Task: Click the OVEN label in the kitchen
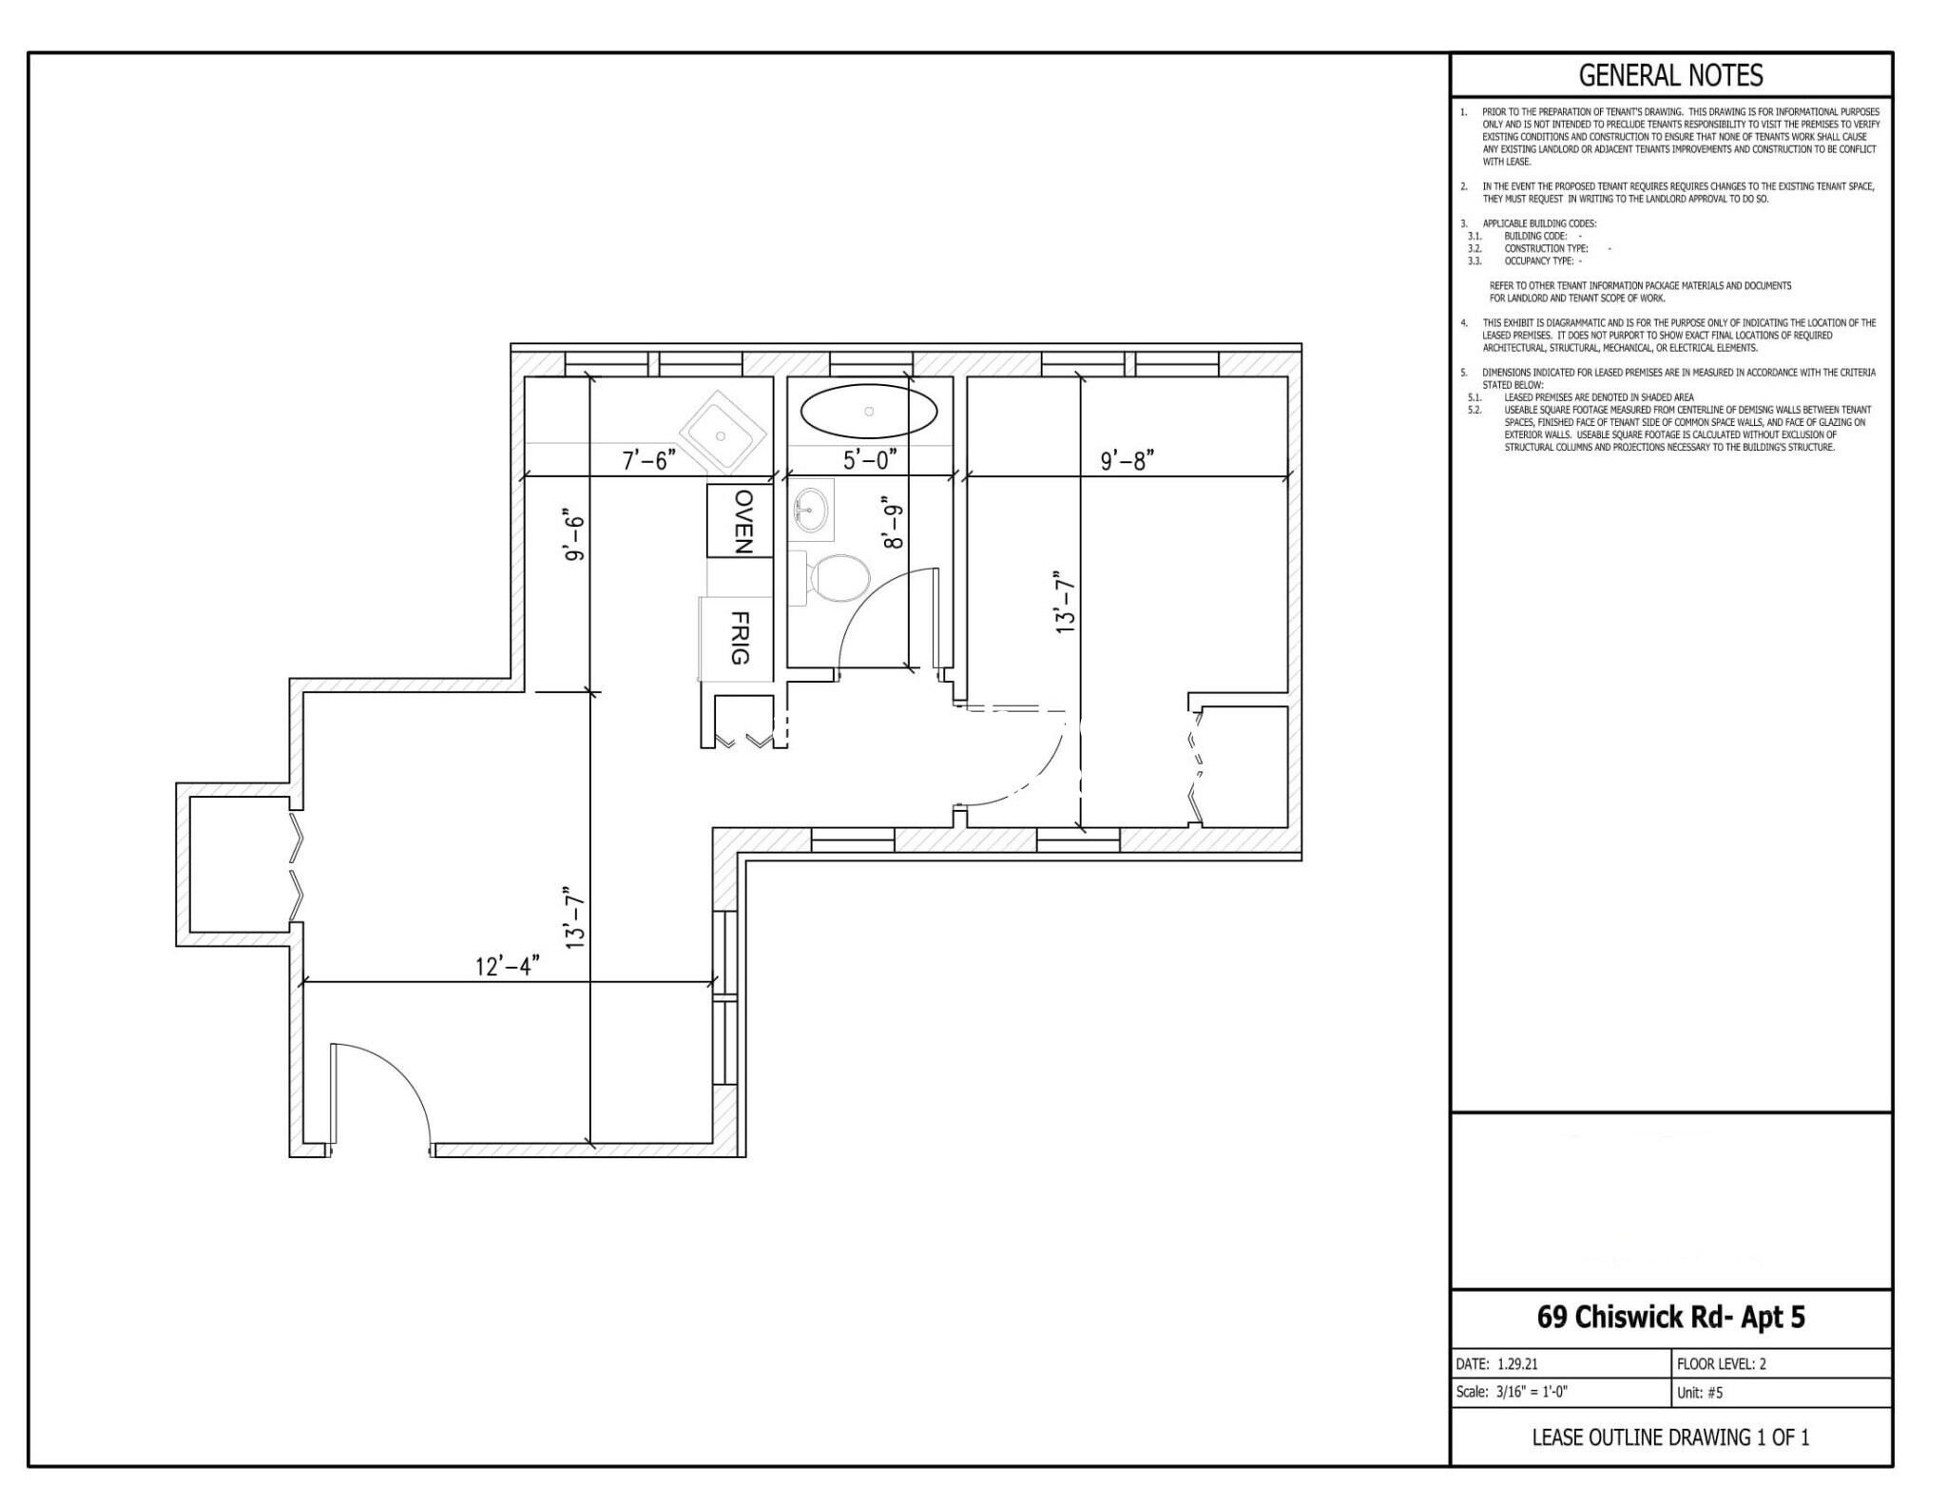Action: (x=743, y=521)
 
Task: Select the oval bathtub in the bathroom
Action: (x=869, y=411)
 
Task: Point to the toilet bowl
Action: (x=839, y=577)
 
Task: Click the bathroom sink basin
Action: (x=811, y=510)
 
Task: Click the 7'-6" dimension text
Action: (x=648, y=460)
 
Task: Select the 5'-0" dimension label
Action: (x=870, y=460)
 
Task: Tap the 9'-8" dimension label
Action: (x=1127, y=460)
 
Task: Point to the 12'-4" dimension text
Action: (x=508, y=966)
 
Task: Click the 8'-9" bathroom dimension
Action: (x=892, y=522)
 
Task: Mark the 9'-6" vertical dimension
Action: (x=573, y=538)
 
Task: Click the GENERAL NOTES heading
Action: (x=1670, y=75)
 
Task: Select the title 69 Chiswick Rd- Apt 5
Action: (x=1670, y=1317)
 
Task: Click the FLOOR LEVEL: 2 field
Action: (x=1722, y=1363)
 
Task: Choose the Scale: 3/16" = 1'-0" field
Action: (x=1512, y=1392)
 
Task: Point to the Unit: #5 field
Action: (x=1700, y=1393)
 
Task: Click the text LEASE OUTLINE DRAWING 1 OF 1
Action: (x=1670, y=1437)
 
